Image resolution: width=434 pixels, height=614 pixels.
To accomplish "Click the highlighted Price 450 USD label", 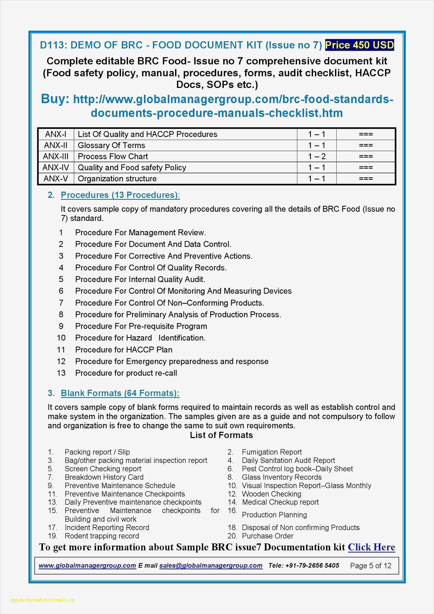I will [x=359, y=45].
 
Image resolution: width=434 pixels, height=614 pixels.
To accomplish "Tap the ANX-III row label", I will [x=56, y=157].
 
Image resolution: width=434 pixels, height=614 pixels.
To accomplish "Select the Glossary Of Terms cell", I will [x=111, y=145].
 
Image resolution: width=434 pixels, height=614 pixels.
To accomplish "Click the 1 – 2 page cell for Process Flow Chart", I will [x=317, y=157].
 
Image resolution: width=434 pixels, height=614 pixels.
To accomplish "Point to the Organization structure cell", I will [x=117, y=179].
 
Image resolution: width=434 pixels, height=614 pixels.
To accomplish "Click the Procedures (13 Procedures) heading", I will [x=120, y=195].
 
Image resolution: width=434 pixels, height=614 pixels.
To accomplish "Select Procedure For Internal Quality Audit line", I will [x=140, y=279].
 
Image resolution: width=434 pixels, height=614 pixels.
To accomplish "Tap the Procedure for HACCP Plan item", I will [x=124, y=350].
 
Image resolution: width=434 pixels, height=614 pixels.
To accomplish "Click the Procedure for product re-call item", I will [x=126, y=373].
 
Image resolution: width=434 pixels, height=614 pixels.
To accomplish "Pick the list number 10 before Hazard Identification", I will [x=61, y=338].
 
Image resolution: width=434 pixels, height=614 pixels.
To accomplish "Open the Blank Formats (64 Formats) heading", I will [x=120, y=393].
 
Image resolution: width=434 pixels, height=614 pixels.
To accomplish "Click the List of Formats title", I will [x=221, y=435].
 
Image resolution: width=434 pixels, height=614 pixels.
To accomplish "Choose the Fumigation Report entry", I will [x=272, y=452].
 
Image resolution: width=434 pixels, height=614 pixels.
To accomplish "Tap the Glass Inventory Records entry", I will [x=282, y=477].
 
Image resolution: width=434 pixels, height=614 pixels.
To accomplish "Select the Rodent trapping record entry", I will [x=102, y=536].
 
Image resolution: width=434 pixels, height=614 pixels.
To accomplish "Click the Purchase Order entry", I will [x=267, y=536].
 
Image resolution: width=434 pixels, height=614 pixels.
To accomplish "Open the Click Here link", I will [x=371, y=547].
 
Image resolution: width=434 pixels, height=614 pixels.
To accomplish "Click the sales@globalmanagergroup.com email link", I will [x=211, y=565].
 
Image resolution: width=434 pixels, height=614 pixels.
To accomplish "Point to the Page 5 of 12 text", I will [x=371, y=566].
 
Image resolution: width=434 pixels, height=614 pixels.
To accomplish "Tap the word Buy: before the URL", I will [x=55, y=99].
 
